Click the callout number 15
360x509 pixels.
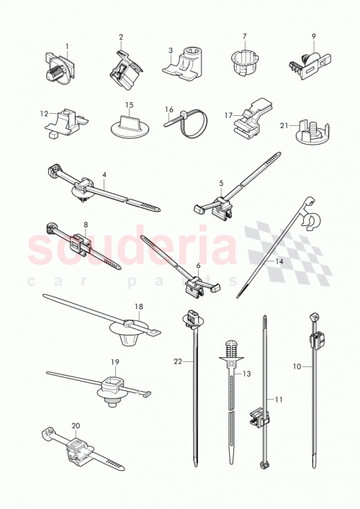coord(130,105)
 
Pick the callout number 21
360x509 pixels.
coord(283,125)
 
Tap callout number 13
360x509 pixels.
coord(247,374)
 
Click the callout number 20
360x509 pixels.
coord(75,426)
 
